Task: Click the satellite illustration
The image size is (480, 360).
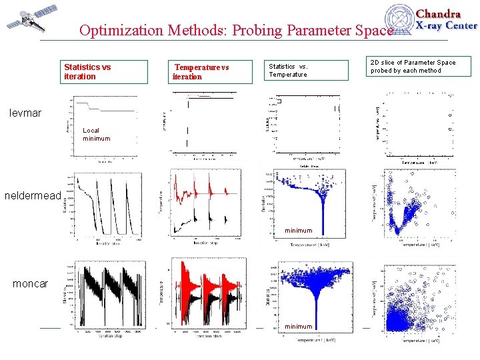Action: coord(26,21)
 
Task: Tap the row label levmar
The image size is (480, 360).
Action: coord(25,113)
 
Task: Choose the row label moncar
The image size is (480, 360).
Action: coord(30,284)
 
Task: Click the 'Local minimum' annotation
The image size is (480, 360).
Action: coord(96,135)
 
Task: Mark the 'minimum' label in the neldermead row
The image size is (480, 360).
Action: coord(298,231)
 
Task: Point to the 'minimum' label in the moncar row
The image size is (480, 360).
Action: coord(298,326)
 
